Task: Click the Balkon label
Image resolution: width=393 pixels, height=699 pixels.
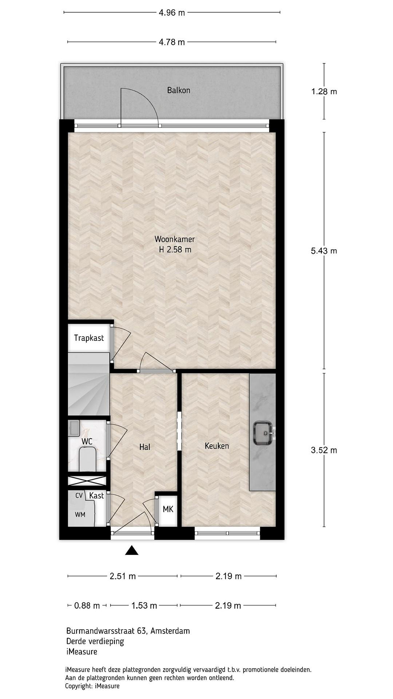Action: click(x=179, y=90)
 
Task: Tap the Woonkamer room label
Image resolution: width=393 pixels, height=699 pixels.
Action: click(x=175, y=239)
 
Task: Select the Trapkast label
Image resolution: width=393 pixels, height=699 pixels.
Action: click(x=89, y=338)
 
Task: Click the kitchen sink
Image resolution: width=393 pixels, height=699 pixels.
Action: click(x=263, y=433)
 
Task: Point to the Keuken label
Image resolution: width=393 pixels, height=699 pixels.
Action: click(x=217, y=446)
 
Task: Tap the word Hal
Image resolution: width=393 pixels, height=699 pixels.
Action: click(x=145, y=447)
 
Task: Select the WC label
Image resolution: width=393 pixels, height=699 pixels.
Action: click(x=87, y=441)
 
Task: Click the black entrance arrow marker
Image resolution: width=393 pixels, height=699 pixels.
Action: click(x=132, y=550)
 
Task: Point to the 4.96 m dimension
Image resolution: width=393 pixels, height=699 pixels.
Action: click(x=172, y=12)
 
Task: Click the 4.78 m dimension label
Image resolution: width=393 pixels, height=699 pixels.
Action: click(x=172, y=42)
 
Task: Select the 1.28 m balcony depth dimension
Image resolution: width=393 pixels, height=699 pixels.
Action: click(x=324, y=92)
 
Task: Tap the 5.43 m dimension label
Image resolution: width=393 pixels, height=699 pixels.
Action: click(x=324, y=251)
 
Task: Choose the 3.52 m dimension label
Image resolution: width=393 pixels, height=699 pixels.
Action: click(x=324, y=450)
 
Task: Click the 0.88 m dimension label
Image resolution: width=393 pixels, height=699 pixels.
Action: click(x=87, y=611)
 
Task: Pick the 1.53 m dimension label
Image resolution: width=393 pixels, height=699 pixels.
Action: click(x=144, y=611)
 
